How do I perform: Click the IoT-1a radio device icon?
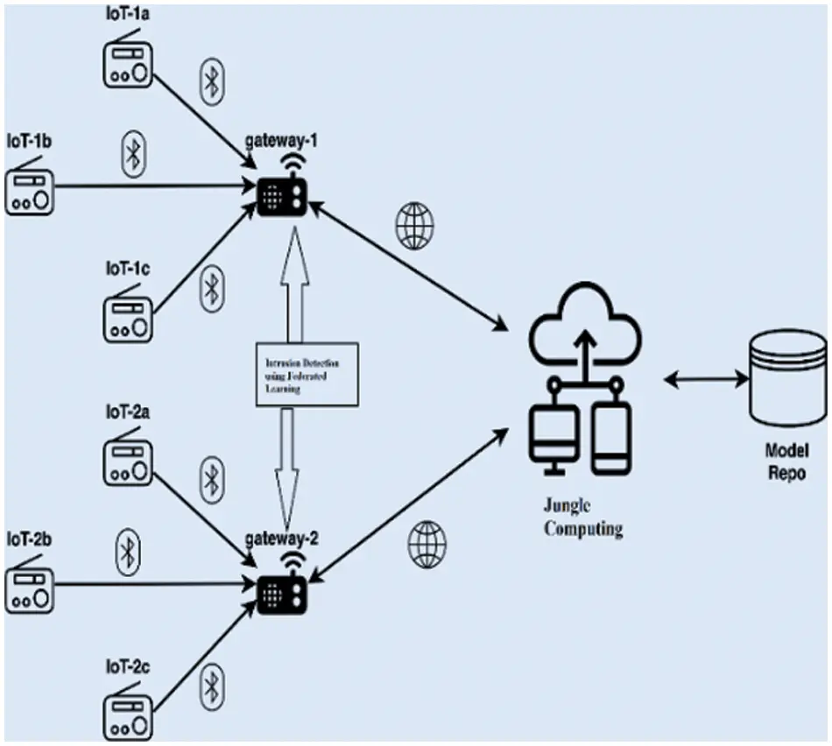pos(129,67)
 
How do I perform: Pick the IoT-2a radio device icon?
pos(129,462)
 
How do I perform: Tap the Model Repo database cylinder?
pos(787,378)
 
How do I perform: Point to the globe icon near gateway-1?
pos(414,225)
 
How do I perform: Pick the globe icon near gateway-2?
pos(427,543)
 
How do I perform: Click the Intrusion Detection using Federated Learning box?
pos(307,374)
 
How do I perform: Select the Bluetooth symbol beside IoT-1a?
pos(210,80)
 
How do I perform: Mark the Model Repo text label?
pos(786,461)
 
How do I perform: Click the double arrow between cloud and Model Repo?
pos(706,380)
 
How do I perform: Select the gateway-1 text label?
pos(280,143)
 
